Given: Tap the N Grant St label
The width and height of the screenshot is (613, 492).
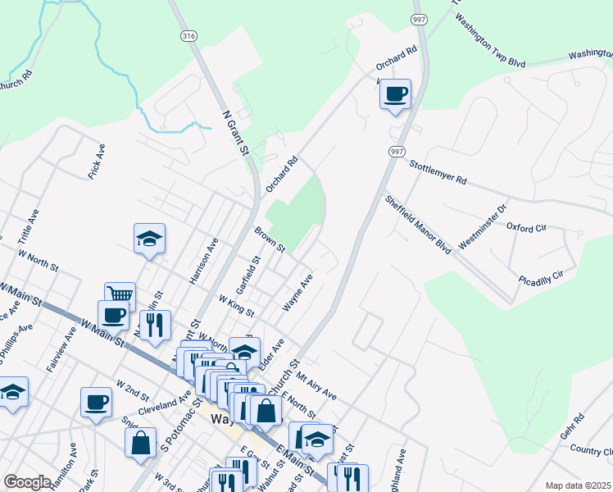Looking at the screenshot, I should [x=234, y=133].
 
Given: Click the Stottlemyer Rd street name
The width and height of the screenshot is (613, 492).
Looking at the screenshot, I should [x=438, y=172].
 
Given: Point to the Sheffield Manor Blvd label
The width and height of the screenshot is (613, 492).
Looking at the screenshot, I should [x=418, y=224].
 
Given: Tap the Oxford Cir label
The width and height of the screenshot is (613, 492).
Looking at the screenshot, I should [x=525, y=227].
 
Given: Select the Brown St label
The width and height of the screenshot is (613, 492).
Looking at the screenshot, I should [x=269, y=239].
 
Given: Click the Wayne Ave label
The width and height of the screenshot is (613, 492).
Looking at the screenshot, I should [x=297, y=293].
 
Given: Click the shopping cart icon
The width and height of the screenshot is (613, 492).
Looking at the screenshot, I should [x=120, y=294].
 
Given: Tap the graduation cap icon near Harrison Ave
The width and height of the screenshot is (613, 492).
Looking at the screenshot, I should [x=149, y=238].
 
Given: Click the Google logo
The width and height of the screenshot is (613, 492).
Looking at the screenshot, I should [x=27, y=482].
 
